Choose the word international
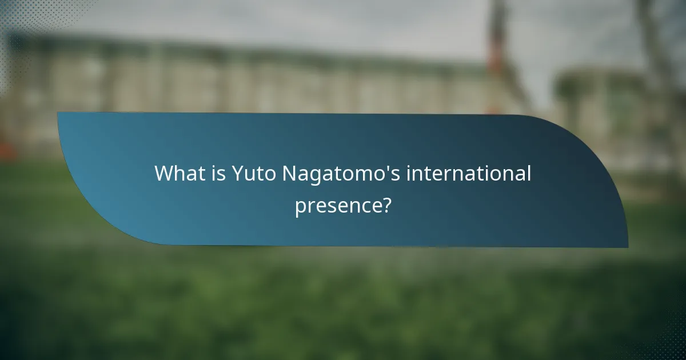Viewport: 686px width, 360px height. (469, 174)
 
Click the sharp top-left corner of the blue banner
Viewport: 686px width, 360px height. (58, 113)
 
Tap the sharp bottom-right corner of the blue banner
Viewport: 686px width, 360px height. (628, 247)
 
